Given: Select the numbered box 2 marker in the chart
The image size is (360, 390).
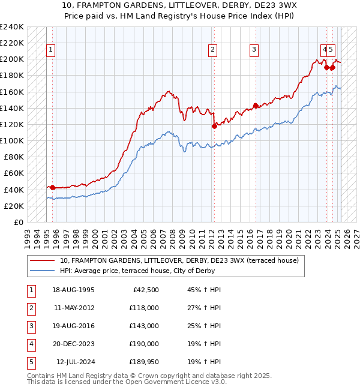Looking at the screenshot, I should tap(213, 50).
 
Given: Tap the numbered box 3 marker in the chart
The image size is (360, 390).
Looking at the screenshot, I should tap(254, 50).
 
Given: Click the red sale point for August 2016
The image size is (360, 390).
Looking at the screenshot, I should tap(256, 106).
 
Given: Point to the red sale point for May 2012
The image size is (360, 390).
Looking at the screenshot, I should tap(214, 126).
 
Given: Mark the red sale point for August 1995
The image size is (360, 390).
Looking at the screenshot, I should tap(52, 187).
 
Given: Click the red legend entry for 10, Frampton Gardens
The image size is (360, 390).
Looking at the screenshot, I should tap(175, 260).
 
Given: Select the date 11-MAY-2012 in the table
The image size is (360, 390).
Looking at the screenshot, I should tap(74, 308).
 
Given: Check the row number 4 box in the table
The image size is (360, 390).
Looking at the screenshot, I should tap(31, 344).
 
